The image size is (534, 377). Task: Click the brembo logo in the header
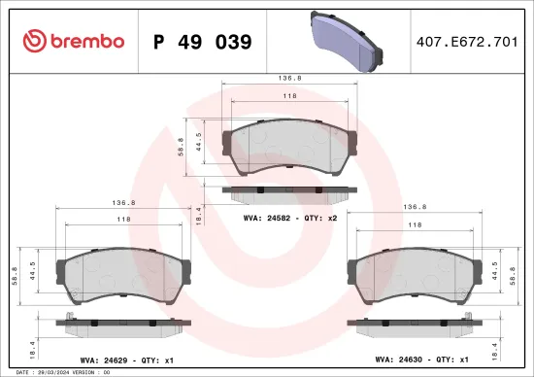pyautogui.click(x=73, y=41)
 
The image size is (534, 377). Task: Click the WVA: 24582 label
pyautogui.click(x=288, y=219)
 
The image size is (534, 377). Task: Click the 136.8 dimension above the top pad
pyautogui.click(x=288, y=79)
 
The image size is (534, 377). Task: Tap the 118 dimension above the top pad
pyautogui.click(x=288, y=97)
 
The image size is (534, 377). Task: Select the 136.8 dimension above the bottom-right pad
pyautogui.click(x=416, y=206)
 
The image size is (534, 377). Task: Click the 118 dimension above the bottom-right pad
pyautogui.click(x=416, y=223)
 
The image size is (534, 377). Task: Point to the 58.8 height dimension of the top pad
pyautogui.click(x=180, y=147)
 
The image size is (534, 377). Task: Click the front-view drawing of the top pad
pyautogui.click(x=288, y=149)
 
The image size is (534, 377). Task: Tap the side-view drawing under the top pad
pyautogui.click(x=288, y=189)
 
